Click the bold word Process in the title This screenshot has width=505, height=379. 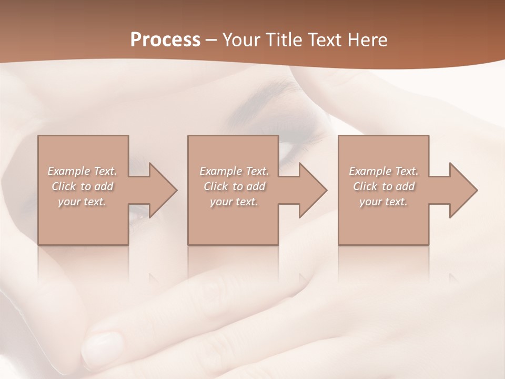click(x=165, y=40)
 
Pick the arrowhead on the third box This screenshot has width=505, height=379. click(x=462, y=190)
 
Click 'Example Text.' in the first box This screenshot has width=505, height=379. click(x=82, y=171)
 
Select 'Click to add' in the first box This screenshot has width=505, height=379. click(x=82, y=186)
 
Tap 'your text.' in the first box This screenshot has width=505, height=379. click(x=82, y=202)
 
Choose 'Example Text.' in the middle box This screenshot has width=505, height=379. click(x=234, y=171)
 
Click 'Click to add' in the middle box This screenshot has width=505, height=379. click(x=234, y=186)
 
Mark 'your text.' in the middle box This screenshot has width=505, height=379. click(x=234, y=202)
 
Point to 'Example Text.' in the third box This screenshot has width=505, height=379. click(x=383, y=171)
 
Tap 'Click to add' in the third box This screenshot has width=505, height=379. click(x=383, y=186)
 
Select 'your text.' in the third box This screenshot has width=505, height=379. click(x=383, y=202)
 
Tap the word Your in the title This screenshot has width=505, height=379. click(x=241, y=40)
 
